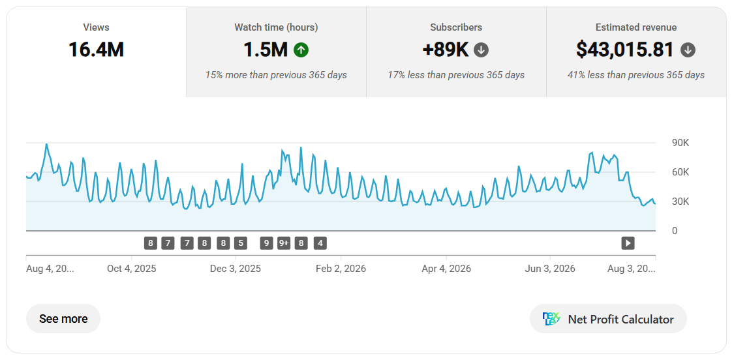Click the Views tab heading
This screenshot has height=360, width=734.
click(96, 27)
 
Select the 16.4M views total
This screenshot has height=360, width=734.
click(96, 50)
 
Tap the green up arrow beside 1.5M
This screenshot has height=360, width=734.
click(301, 50)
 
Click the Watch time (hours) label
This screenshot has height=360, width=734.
click(276, 27)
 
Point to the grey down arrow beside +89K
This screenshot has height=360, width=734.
click(481, 50)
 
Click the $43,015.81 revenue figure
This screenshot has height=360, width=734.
click(624, 50)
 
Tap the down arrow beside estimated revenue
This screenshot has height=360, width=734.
click(688, 50)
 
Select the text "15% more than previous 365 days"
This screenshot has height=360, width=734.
click(276, 75)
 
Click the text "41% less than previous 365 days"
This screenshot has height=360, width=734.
click(636, 75)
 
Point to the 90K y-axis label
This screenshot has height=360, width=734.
click(679, 143)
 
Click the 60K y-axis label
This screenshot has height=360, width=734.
click(679, 172)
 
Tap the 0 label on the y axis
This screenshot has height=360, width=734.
click(674, 231)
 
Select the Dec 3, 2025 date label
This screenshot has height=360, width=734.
click(236, 269)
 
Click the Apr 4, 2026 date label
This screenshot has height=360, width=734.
click(446, 269)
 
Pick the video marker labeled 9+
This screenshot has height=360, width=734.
click(284, 243)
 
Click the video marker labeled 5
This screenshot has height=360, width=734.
click(241, 243)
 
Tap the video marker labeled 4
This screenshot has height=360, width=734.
click(320, 243)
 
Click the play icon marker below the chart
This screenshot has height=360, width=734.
click(628, 243)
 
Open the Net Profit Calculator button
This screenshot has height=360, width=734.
click(608, 319)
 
